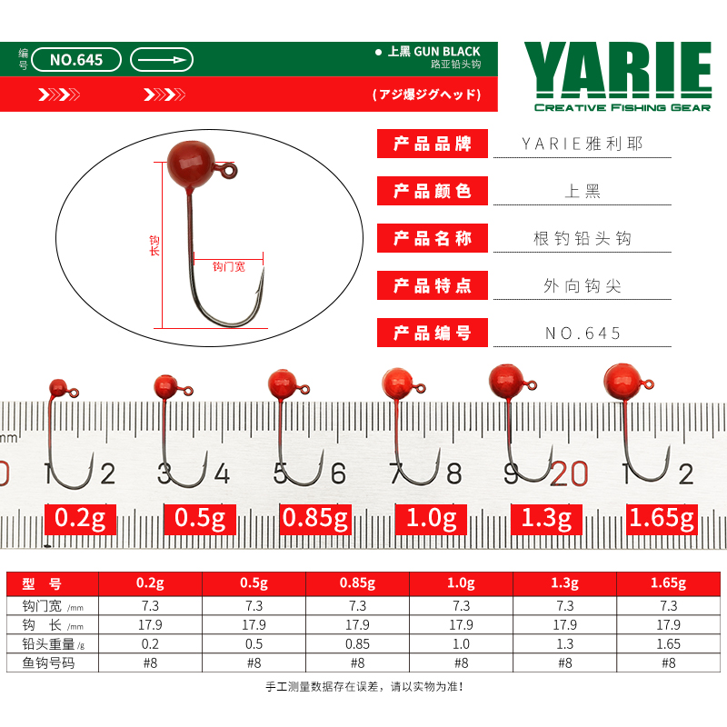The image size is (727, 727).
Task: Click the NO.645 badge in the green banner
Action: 76,60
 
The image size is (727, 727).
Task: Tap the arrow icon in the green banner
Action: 162,60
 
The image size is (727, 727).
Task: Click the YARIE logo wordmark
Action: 618,70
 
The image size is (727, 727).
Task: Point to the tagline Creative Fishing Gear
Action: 622,107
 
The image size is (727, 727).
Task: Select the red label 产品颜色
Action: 433,191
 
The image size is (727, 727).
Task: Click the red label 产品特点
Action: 433,285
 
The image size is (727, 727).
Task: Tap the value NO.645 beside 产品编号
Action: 583,333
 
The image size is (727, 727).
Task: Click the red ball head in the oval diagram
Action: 191,164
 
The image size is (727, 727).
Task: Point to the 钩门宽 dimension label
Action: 229,266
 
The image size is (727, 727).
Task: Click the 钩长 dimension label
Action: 154,245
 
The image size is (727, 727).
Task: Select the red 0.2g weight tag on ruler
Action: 80,519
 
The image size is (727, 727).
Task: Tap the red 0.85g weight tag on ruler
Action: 315,519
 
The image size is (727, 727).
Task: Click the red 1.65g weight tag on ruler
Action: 662,519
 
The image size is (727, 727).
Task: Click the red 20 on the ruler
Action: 569,474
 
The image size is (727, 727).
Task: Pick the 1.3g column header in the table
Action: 564,583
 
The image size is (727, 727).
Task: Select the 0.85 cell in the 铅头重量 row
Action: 357,644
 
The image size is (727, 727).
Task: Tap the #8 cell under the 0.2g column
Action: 150,663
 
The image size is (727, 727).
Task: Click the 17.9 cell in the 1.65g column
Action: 669,625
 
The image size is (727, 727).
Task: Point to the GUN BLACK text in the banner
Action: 447,52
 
